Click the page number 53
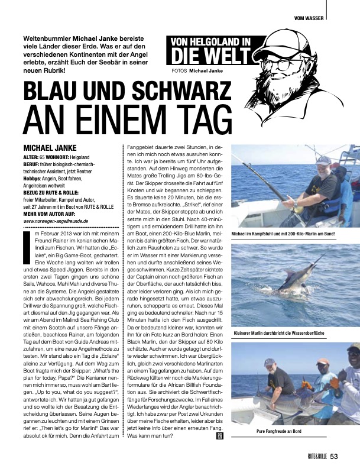pyautogui.click(x=334, y=455)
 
